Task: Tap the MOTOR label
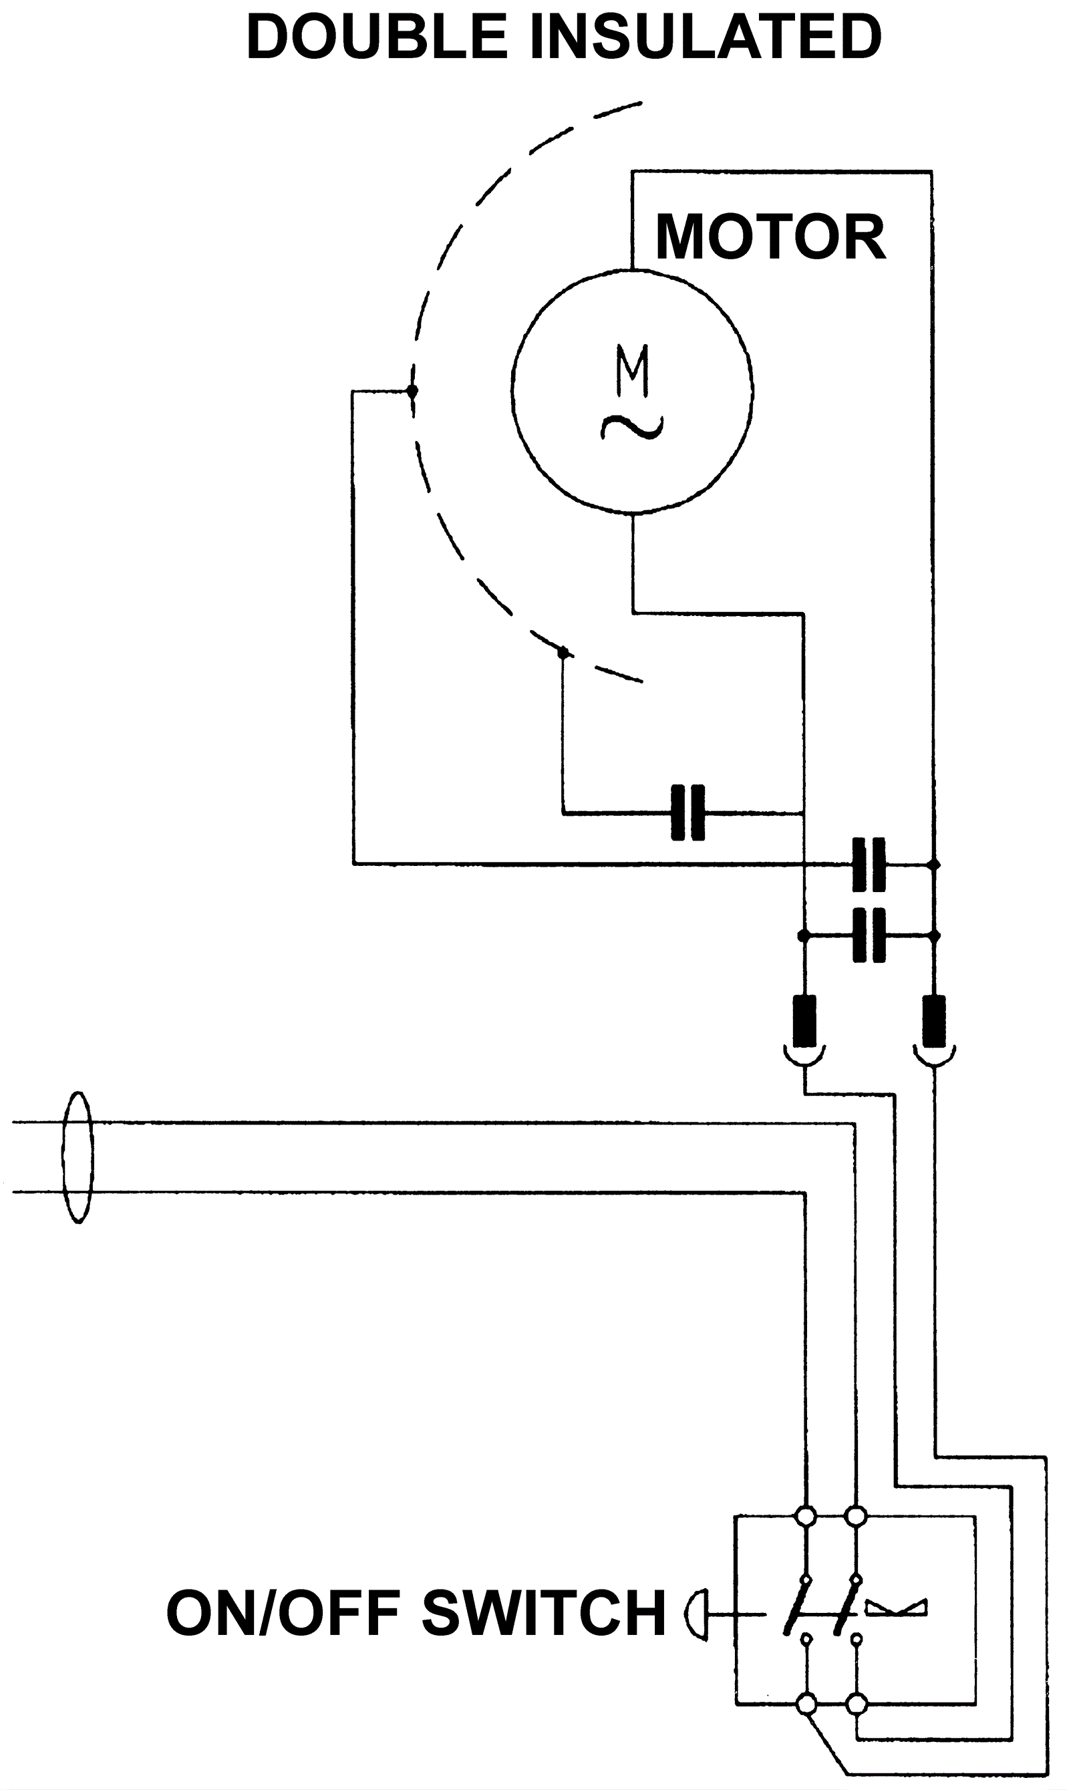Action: coord(770,238)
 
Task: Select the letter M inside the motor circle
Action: coord(633,370)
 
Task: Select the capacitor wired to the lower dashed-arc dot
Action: coord(688,813)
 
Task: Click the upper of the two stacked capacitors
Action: coord(868,864)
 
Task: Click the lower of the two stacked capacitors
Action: coord(868,935)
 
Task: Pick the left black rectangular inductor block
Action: coord(804,1021)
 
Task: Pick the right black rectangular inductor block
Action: coord(934,1021)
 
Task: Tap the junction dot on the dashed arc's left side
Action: coord(412,391)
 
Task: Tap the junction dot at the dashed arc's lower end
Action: coord(563,653)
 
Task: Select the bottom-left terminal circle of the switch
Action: coord(807,1704)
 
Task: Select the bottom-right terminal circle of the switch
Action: coord(857,1704)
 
